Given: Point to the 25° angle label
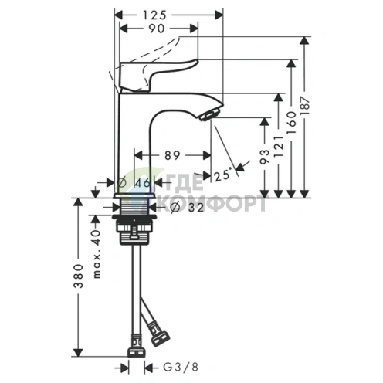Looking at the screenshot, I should pyautogui.click(x=223, y=175).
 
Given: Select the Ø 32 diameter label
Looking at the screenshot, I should pyautogui.click(x=181, y=206).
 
